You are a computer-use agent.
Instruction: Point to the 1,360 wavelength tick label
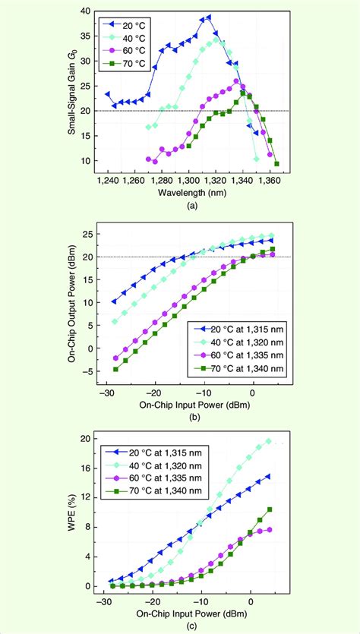coord(270,181)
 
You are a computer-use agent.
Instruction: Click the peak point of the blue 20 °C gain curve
coord(209,17)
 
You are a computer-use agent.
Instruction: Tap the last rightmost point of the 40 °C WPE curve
coord(268,440)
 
